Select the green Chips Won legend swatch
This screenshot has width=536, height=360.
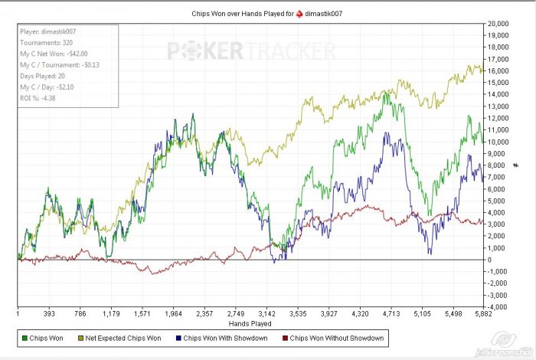click(25, 336)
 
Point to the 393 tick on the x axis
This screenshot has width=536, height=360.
click(50, 313)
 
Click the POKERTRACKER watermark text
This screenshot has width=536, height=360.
click(251, 51)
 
